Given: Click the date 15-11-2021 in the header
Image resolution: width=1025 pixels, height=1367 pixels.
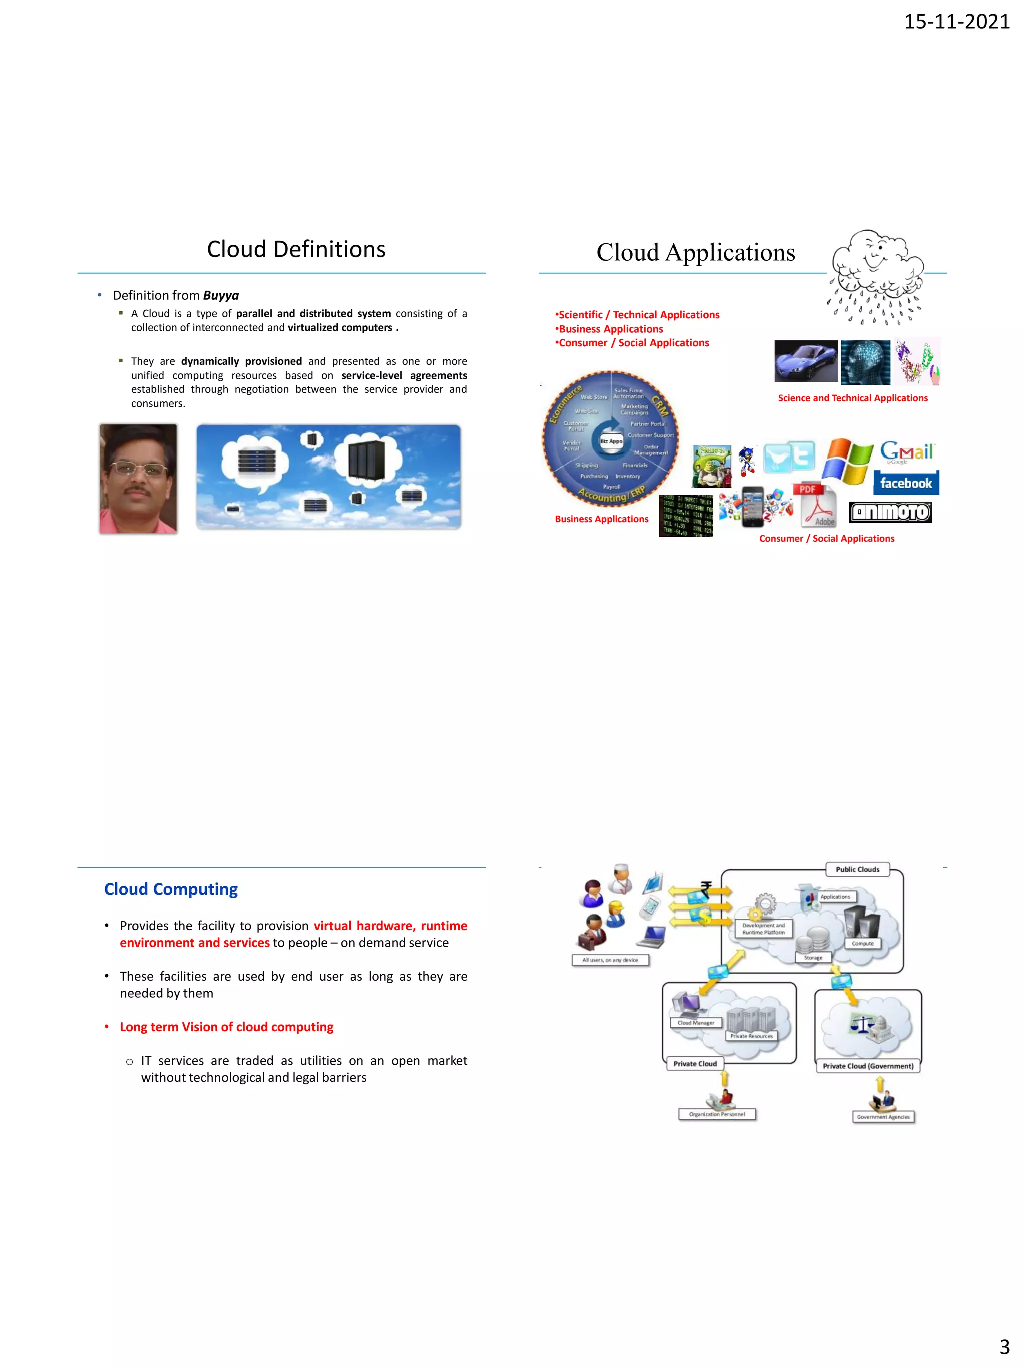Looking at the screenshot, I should (956, 22).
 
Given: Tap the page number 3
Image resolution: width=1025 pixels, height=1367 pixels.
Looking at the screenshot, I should (1004, 1346).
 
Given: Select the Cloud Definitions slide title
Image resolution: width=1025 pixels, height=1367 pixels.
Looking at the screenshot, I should (296, 250).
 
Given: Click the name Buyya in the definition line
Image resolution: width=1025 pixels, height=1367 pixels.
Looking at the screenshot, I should (221, 295).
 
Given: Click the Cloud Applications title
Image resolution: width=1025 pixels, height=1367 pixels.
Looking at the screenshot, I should (695, 253).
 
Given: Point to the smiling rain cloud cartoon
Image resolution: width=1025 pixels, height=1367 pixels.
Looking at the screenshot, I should (876, 275).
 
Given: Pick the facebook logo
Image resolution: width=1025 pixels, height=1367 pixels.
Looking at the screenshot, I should (906, 483).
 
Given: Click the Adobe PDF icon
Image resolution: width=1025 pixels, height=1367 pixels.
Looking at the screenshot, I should (817, 504).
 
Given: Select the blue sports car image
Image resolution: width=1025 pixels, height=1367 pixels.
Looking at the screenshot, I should (806, 361).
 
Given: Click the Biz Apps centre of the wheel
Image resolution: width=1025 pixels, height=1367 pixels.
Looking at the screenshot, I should (611, 441).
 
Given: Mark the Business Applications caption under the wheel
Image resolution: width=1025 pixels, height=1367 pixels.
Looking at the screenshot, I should (601, 519).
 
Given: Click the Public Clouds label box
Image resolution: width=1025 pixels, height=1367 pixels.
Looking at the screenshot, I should (857, 869).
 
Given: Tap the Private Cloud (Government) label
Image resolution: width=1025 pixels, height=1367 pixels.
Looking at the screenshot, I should (867, 1066).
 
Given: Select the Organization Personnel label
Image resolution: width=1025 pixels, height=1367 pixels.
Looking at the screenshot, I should (717, 1114).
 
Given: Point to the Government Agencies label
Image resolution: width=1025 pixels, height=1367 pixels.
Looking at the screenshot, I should (883, 1117).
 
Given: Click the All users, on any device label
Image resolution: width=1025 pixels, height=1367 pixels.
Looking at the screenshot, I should (610, 960).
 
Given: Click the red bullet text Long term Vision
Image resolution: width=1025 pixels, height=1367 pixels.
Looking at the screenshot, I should (226, 1027).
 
